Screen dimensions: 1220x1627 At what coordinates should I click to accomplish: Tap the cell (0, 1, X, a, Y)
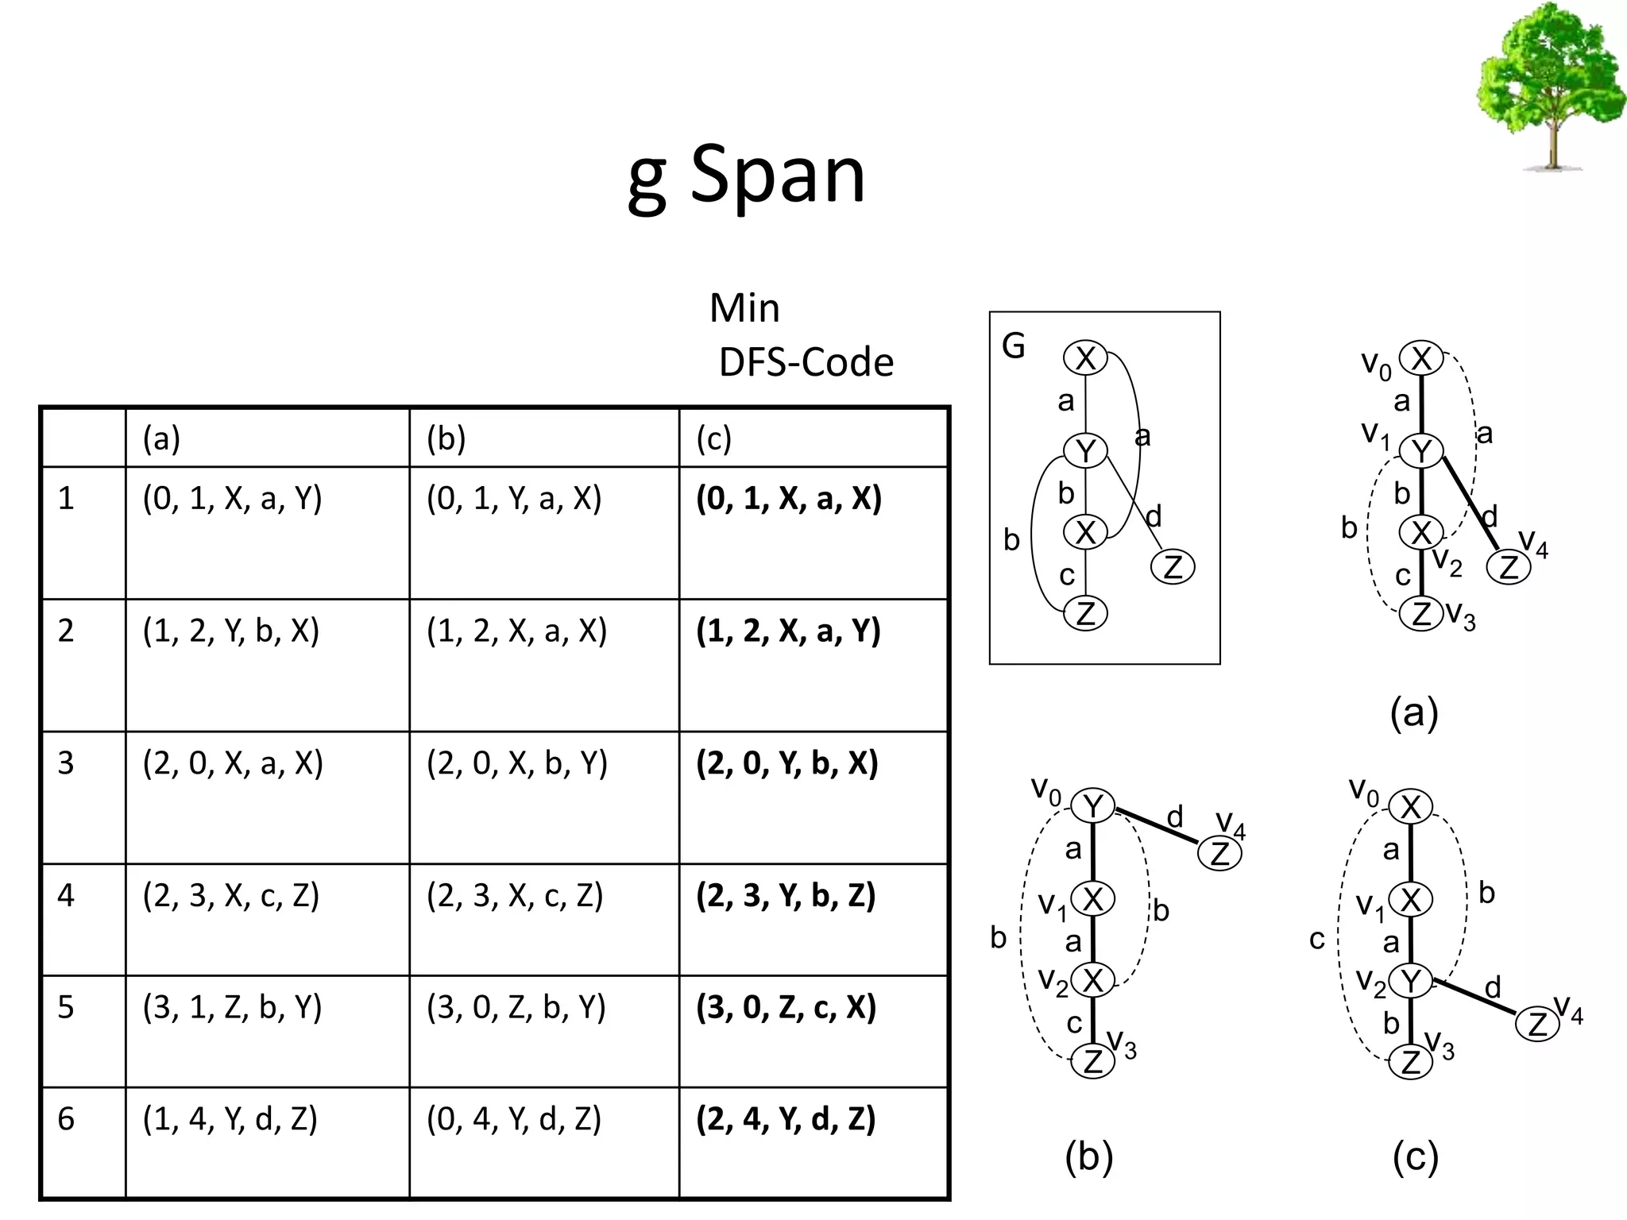pyautogui.click(x=232, y=499)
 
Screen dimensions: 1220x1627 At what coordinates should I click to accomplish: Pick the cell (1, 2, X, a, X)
pyautogui.click(x=516, y=631)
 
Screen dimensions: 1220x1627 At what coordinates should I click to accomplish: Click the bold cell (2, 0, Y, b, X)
pyautogui.click(x=787, y=763)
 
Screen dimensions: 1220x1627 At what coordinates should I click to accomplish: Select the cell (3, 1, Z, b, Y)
pyautogui.click(x=232, y=1007)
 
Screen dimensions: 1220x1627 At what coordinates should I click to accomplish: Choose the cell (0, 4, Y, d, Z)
pyautogui.click(x=514, y=1119)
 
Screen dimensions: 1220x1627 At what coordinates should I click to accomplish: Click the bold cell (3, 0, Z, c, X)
pyautogui.click(x=786, y=1007)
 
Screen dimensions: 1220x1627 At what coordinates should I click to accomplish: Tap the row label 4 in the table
pyautogui.click(x=66, y=896)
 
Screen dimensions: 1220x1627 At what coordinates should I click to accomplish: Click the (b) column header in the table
pyautogui.click(x=446, y=438)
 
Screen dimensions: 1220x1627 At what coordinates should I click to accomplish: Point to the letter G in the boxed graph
pyautogui.click(x=1014, y=346)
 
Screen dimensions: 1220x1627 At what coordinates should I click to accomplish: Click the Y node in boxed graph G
pyautogui.click(x=1085, y=450)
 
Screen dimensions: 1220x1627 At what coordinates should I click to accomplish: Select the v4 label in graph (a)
pyautogui.click(x=1533, y=542)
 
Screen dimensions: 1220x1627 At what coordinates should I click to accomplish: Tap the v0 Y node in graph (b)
pyautogui.click(x=1093, y=806)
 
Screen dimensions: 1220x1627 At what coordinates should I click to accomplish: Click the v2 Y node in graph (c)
pyautogui.click(x=1411, y=981)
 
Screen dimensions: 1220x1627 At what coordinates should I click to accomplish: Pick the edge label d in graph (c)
pyautogui.click(x=1493, y=987)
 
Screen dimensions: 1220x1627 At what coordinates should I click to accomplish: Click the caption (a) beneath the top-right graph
pyautogui.click(x=1414, y=712)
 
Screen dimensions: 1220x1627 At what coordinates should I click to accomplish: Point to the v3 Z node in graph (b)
pyautogui.click(x=1093, y=1061)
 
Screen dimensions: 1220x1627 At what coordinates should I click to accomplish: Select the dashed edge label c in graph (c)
pyautogui.click(x=1317, y=940)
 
